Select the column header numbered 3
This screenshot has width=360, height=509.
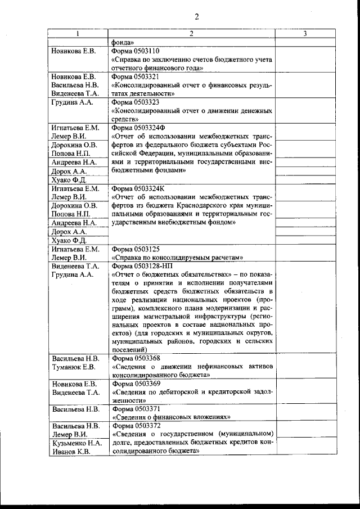[x=304, y=34]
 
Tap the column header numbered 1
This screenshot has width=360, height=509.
[x=78, y=34]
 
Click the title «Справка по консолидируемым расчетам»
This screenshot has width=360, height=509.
[x=177, y=257]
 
